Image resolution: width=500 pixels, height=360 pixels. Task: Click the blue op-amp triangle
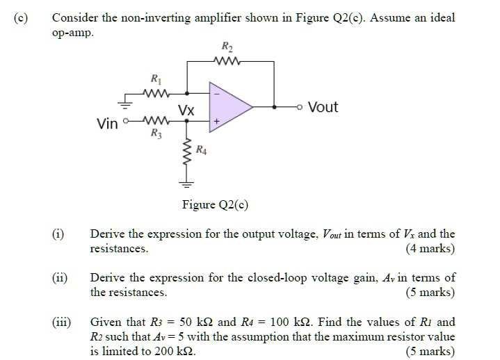coord(229,107)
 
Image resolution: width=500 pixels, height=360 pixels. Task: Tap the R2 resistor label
coord(227,47)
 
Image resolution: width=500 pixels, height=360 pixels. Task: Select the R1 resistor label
coord(155,79)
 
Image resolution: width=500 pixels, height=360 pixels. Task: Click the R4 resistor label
coord(201,149)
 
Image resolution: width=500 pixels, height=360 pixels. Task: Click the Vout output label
coord(323,107)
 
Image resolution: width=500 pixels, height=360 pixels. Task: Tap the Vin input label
coord(108,124)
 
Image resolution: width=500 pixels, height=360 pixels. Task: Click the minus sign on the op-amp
coord(216,94)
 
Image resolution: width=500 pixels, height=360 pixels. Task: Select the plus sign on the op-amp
coord(216,121)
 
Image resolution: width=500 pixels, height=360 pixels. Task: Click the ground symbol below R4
coord(186,183)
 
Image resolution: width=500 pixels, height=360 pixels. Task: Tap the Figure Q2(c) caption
coord(215,204)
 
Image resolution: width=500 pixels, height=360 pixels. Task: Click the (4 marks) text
coord(430,248)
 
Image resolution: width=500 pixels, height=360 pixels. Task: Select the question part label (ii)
coord(59,278)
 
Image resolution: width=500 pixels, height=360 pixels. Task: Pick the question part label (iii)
coord(61,322)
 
